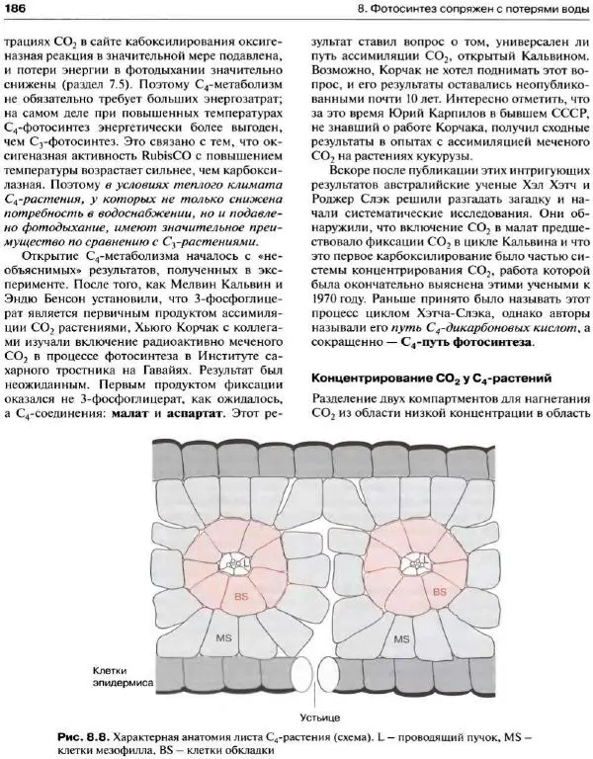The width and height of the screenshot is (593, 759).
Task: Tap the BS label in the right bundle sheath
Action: [440, 591]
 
